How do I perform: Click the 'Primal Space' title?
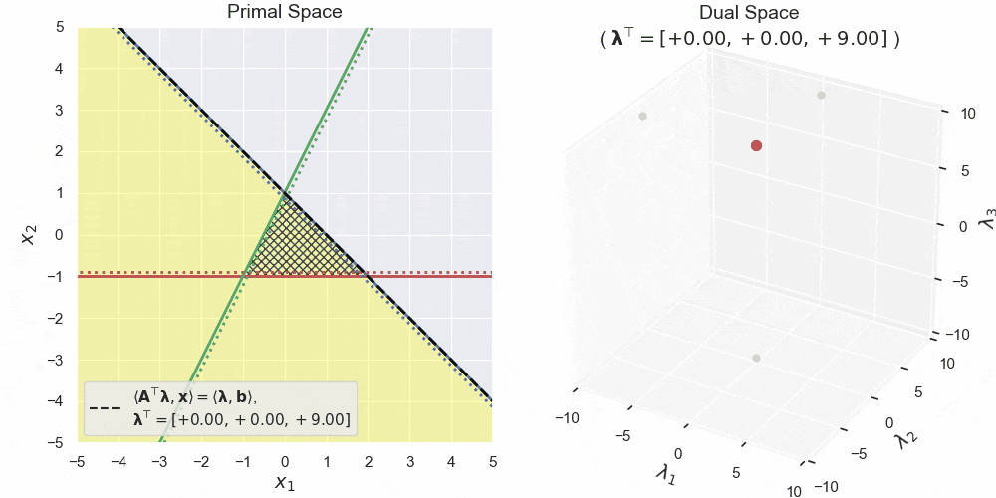(285, 13)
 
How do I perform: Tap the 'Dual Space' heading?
(749, 13)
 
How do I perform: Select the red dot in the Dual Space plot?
(756, 145)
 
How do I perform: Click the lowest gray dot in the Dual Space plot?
(756, 358)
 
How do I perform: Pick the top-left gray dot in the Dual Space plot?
(642, 116)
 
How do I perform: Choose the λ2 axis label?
(905, 435)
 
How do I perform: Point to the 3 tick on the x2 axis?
(60, 110)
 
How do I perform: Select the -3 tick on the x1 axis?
(159, 461)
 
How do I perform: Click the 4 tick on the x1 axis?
(451, 461)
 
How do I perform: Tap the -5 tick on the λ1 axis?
(623, 435)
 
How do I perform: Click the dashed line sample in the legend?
(106, 408)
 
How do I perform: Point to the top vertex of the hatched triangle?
(285, 192)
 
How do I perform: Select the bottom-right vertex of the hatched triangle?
(368, 275)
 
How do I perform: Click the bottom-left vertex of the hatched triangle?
(243, 275)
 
